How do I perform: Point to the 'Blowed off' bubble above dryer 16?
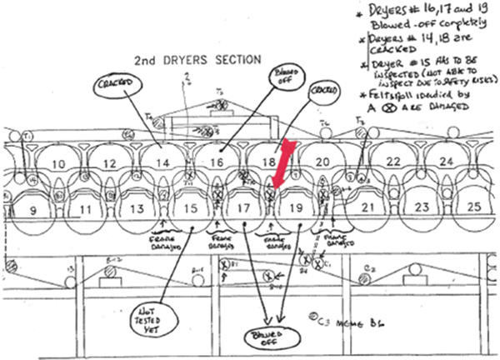click(x=284, y=82)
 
